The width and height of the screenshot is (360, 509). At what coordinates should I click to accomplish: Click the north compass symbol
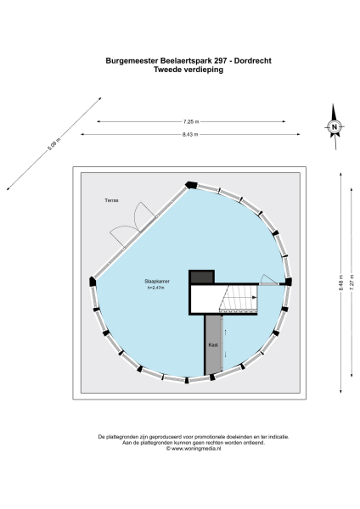coord(335,127)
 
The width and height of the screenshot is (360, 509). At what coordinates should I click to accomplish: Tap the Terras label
coord(112,200)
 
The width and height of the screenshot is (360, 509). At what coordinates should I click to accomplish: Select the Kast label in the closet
coord(214,346)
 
